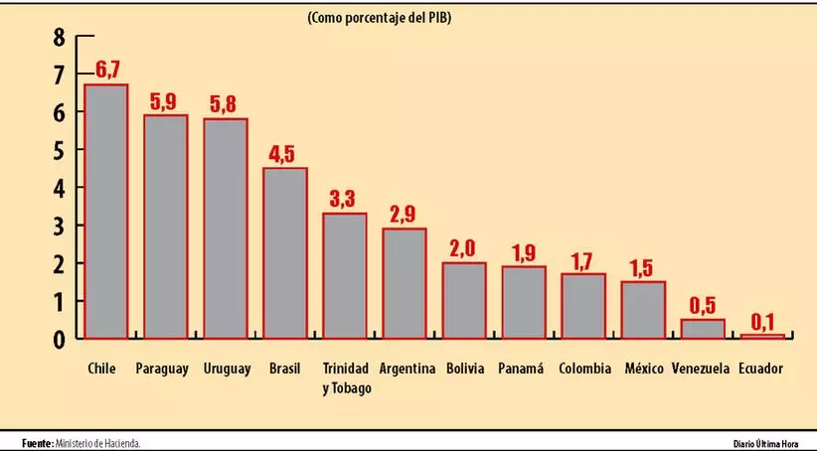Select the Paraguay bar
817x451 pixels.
pyautogui.click(x=166, y=226)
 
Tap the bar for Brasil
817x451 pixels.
pyautogui.click(x=285, y=252)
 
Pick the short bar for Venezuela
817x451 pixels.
pyautogui.click(x=703, y=329)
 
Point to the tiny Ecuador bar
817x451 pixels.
pyautogui.click(x=762, y=336)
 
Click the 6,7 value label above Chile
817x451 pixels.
pyautogui.click(x=108, y=72)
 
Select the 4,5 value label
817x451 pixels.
pyautogui.click(x=285, y=155)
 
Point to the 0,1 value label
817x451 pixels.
pyautogui.click(x=762, y=322)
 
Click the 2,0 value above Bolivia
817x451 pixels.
pyautogui.click(x=464, y=249)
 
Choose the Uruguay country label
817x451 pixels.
pyautogui.click(x=226, y=369)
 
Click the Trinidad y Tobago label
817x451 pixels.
pyautogui.click(x=346, y=377)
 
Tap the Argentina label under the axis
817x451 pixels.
pyautogui.click(x=408, y=369)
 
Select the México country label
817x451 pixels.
pyautogui.click(x=643, y=369)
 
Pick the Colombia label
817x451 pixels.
pyautogui.click(x=584, y=369)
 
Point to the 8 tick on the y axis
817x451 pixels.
pyautogui.click(x=59, y=39)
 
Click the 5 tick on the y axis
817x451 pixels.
pyautogui.click(x=59, y=151)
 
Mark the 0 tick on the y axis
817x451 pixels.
pyautogui.click(x=59, y=339)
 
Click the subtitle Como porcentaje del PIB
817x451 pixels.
pyautogui.click(x=379, y=17)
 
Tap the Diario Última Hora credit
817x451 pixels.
pyautogui.click(x=765, y=443)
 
